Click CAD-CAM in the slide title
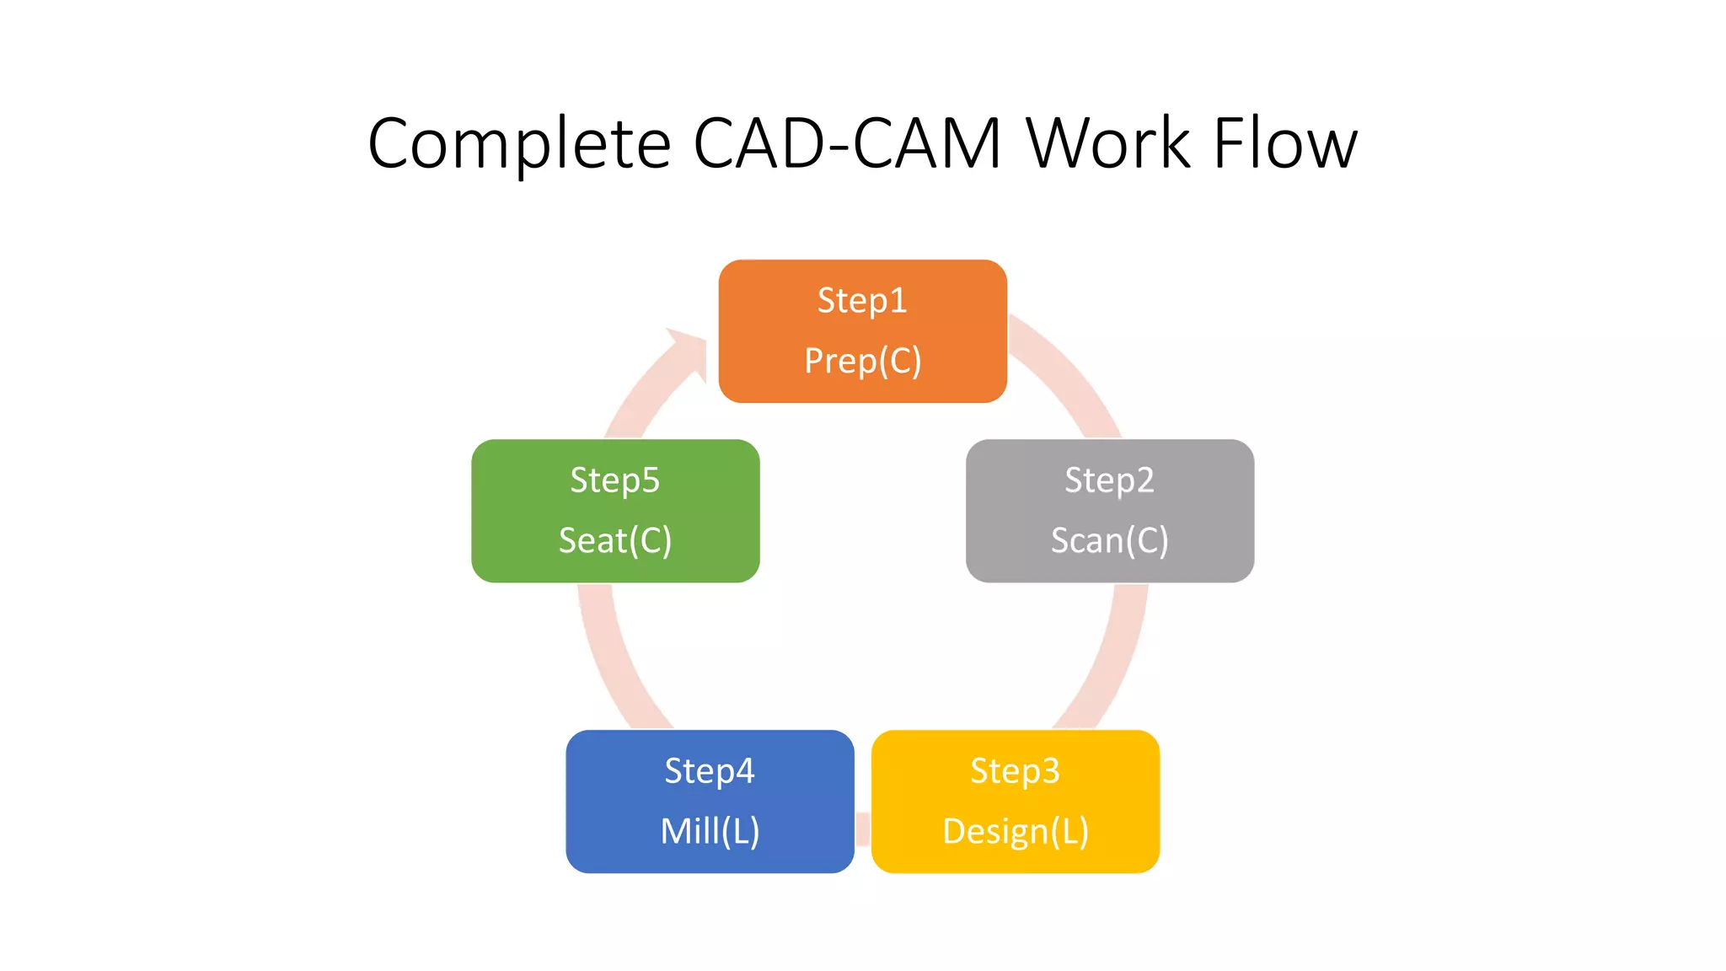847,143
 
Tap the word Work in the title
1107,143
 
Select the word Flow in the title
1285,143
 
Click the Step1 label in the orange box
862,301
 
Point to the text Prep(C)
862,361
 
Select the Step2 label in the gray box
1109,480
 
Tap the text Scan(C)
1109,540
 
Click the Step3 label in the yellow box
1015,771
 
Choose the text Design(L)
1015,831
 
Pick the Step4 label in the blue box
709,771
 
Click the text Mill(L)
709,831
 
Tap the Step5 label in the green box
614,480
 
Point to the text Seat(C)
614,540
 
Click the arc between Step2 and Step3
1112,657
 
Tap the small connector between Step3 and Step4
862,829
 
